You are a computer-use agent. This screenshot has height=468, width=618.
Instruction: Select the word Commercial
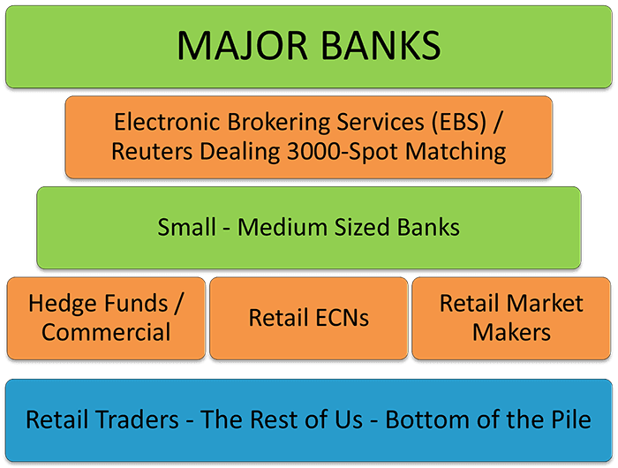pyautogui.click(x=106, y=333)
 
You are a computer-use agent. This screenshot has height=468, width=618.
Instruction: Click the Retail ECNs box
pyautogui.click(x=308, y=319)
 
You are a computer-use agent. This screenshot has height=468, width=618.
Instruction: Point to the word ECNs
pyautogui.click(x=338, y=318)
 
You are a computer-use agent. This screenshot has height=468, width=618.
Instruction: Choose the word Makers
pyautogui.click(x=511, y=333)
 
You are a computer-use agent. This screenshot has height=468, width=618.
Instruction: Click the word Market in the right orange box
pyautogui.click(x=547, y=304)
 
